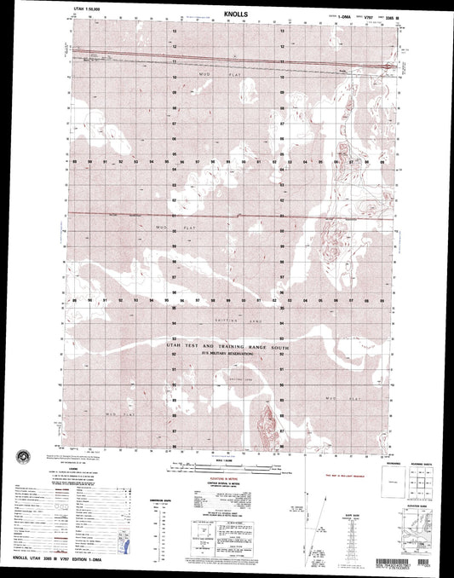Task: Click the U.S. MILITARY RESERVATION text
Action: coord(228,357)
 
